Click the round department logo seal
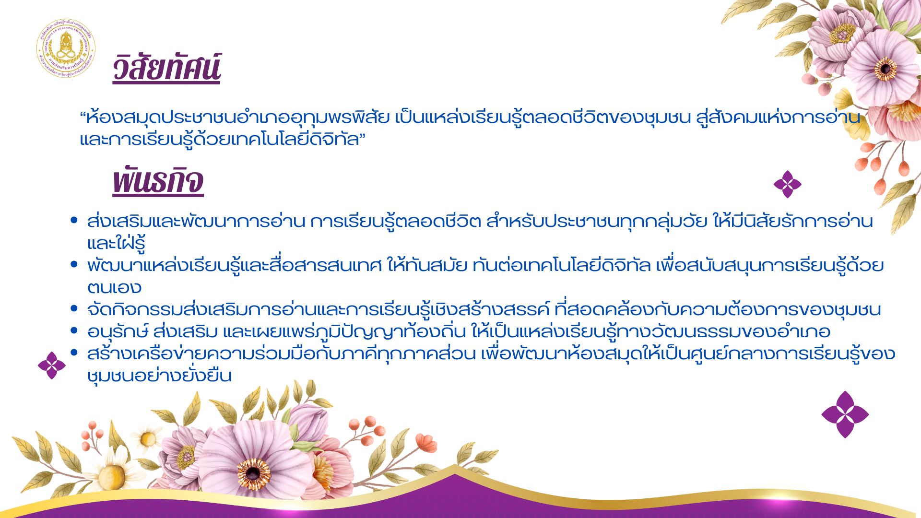(x=66, y=48)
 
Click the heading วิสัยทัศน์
(x=166, y=68)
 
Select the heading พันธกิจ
(x=158, y=180)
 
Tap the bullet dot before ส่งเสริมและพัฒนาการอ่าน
(x=74, y=220)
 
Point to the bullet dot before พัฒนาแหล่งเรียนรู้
(x=74, y=264)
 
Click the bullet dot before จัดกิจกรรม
(x=74, y=308)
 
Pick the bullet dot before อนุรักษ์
(x=74, y=330)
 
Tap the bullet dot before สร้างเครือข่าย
(x=74, y=353)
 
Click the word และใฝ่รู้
(x=116, y=243)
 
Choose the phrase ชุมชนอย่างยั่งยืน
(x=160, y=375)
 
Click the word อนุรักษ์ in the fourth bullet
(x=118, y=331)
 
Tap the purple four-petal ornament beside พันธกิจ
(x=788, y=184)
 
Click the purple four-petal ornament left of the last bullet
(x=52, y=365)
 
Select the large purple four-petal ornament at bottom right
(x=845, y=414)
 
